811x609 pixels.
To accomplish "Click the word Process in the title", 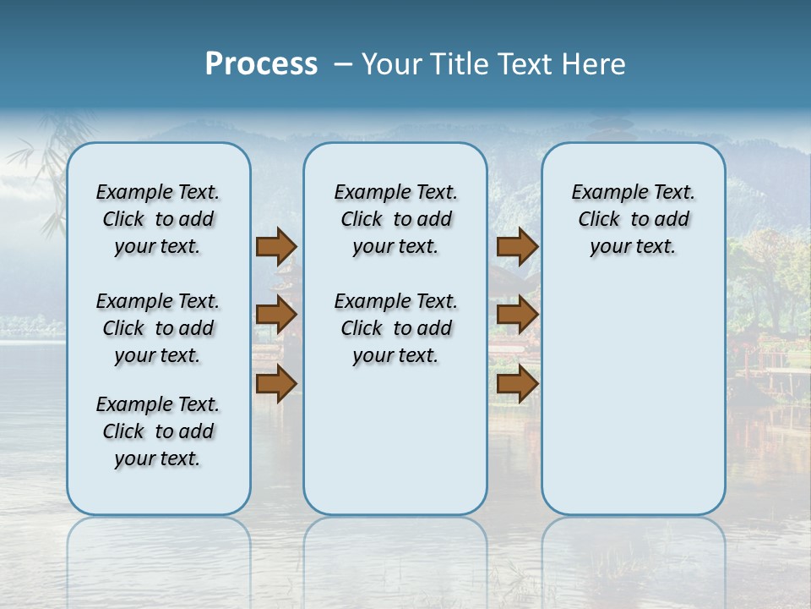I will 261,64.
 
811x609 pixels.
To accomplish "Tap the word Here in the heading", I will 593,64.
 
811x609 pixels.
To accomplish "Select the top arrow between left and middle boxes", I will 276,246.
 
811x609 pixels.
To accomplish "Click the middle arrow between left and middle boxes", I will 276,315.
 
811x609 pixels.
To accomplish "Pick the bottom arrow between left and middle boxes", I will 276,384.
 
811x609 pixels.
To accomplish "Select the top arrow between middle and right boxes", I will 517,246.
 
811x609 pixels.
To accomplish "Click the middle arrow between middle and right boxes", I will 517,315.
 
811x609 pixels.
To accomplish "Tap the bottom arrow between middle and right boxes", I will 517,384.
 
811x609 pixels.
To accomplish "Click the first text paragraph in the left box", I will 158,219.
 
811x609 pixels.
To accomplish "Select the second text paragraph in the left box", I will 158,328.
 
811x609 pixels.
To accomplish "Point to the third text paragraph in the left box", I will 158,431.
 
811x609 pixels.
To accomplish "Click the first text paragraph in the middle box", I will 395,219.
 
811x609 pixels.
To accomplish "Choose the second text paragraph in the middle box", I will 395,328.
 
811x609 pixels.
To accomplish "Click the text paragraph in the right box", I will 633,219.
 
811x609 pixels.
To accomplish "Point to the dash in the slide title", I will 343,64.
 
